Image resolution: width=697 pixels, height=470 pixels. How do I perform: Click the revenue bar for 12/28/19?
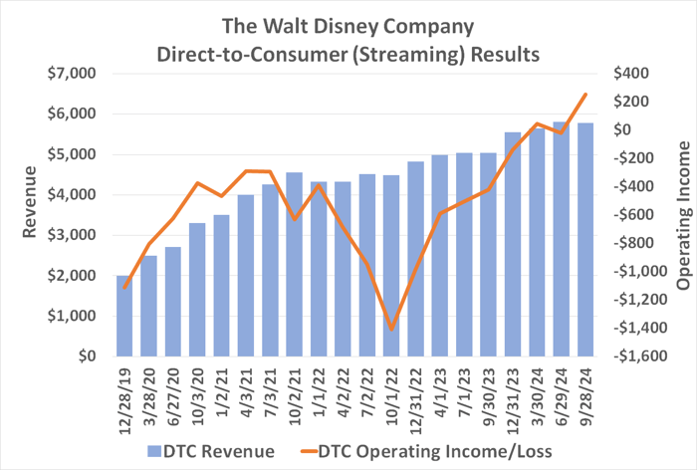coord(124,316)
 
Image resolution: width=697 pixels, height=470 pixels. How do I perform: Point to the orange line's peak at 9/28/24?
coord(584,95)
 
